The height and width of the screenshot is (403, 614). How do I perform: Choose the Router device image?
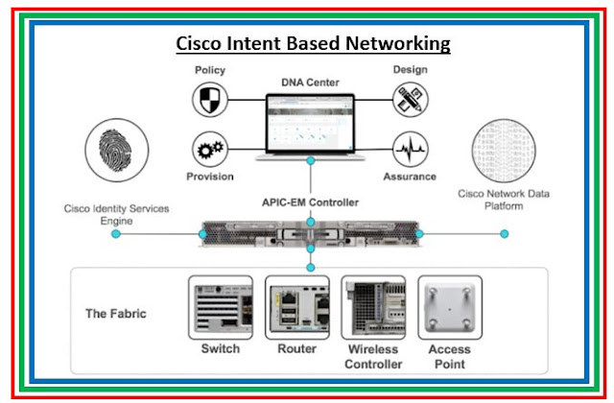click(x=296, y=307)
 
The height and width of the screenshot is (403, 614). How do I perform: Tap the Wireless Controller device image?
click(x=372, y=307)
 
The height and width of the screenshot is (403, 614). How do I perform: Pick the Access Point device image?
click(x=448, y=307)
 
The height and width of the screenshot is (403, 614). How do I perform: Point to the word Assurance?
click(x=410, y=178)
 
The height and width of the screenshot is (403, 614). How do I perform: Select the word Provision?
click(x=210, y=178)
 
